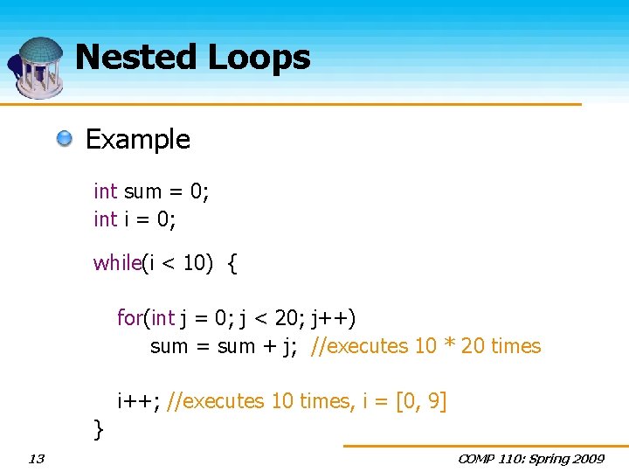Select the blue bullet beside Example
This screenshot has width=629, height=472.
tap(66, 139)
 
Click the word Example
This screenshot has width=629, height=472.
tap(137, 139)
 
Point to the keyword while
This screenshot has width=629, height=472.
tap(117, 263)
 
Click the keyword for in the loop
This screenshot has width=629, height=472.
tap(129, 317)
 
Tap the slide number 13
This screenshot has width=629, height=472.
tap(37, 459)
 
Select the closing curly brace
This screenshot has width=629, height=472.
tap(99, 428)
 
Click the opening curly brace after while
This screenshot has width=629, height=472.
tap(232, 263)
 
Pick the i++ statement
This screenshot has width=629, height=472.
tap(137, 401)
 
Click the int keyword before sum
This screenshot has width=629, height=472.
tap(106, 191)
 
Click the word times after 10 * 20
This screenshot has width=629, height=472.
tap(515, 346)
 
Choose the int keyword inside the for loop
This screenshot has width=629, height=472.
tap(162, 317)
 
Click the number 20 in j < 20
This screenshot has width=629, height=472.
tap(285, 317)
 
